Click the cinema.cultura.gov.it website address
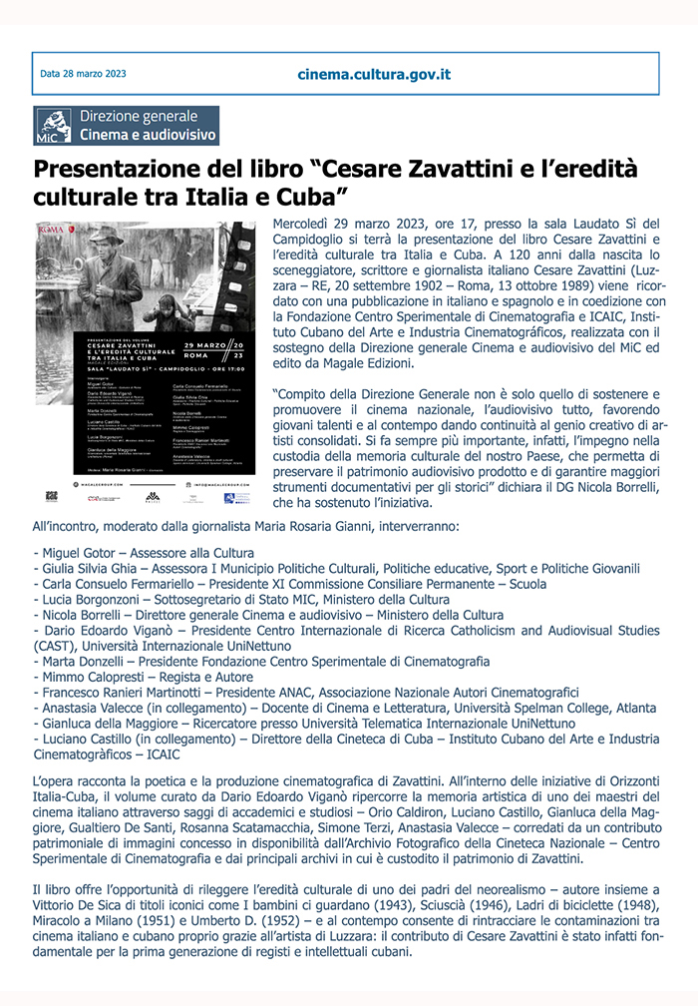click(x=374, y=74)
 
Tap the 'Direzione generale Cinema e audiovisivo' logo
click(x=126, y=126)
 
